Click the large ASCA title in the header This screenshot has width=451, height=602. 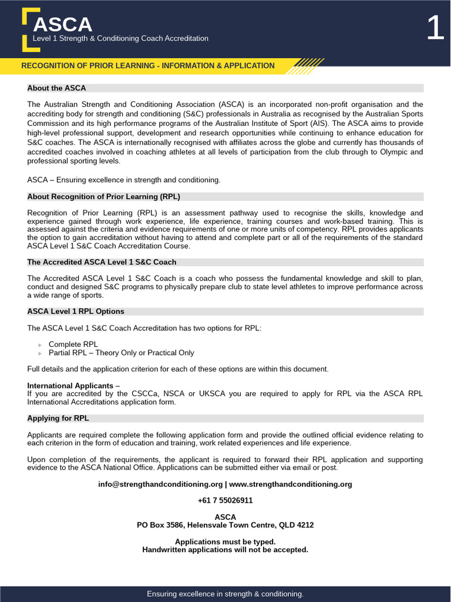[x=63, y=24]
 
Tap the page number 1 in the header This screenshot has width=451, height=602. [x=435, y=28]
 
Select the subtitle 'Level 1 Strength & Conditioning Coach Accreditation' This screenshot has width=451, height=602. [x=120, y=39]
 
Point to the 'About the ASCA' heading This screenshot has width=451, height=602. [x=56, y=88]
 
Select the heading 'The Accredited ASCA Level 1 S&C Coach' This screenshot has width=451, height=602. [x=102, y=262]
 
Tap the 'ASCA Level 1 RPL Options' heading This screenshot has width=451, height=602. [x=76, y=312]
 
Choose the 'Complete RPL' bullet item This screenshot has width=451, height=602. [x=73, y=344]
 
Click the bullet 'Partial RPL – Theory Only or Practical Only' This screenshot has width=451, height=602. [x=121, y=353]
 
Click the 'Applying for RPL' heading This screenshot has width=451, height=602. [x=58, y=419]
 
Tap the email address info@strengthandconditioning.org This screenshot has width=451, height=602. [x=160, y=484]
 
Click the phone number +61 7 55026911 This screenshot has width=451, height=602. [x=225, y=500]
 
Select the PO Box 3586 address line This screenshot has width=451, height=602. [x=225, y=525]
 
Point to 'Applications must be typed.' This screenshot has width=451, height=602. [x=225, y=541]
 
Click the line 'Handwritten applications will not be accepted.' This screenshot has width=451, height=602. [x=225, y=550]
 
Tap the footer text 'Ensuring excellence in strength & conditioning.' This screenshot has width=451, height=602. [x=225, y=594]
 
